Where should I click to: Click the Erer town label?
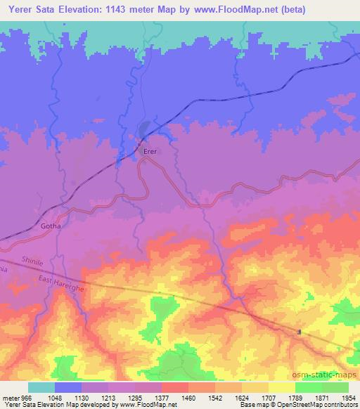pos(150,151)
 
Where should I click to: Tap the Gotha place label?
pos(51,227)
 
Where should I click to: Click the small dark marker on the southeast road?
pos(300,332)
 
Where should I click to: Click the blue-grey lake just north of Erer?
pos(143,129)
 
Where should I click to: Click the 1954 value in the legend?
pos(348,398)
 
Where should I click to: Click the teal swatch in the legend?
pos(41,387)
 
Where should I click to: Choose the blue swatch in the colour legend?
pos(68,387)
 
